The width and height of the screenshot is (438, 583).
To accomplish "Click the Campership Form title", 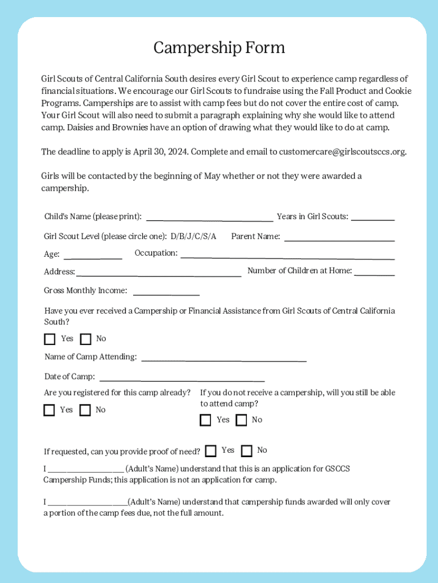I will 219,48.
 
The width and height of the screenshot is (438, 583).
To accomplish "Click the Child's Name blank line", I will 209,219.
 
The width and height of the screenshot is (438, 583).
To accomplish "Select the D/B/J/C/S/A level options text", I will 193,236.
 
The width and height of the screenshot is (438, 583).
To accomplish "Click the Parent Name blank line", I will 339,239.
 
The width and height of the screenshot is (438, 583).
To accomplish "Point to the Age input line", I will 92,257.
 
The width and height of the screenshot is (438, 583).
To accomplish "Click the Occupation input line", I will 287,257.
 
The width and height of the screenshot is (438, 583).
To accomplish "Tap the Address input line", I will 159,275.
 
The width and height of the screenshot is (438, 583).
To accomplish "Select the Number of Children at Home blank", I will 374,274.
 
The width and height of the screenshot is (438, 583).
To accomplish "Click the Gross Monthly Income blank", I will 166,294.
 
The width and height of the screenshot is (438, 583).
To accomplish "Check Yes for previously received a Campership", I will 50,339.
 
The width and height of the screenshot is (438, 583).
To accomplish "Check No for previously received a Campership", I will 86,339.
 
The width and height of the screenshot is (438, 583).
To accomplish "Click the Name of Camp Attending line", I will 224,360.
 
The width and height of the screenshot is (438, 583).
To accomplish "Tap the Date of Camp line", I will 182,380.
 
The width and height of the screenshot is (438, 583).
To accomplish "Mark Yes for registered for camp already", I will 49,410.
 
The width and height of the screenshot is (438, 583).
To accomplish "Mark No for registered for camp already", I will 85,410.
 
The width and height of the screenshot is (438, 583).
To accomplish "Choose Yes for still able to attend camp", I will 205,420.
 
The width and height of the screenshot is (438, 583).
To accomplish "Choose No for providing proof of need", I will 246,451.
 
